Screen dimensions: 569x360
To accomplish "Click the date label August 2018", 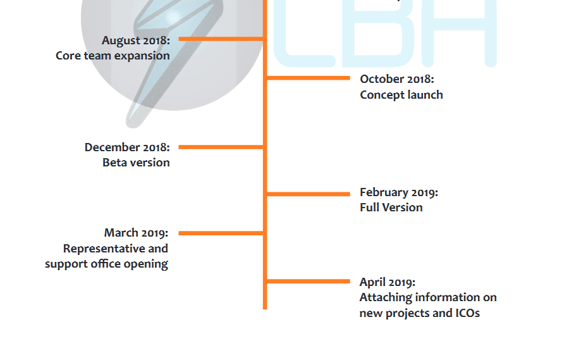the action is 136,40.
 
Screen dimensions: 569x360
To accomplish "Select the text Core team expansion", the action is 113,56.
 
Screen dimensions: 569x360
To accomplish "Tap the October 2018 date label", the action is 397,79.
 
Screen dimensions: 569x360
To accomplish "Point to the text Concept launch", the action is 401,95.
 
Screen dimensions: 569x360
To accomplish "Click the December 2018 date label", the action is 127,147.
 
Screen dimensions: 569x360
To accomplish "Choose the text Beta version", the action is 136,163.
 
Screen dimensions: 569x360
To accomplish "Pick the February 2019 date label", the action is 399,192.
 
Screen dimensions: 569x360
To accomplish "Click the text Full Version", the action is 391,208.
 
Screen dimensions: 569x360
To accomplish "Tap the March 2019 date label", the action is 136,233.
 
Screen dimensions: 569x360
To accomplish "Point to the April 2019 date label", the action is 388,282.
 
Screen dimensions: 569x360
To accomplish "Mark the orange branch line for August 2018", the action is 221,39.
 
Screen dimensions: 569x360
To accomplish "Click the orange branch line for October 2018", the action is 309,78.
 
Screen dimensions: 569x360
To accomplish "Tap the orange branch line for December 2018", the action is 221,147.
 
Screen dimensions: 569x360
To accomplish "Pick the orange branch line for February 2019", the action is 309,194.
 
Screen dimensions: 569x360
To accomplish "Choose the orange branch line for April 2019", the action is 309,282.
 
